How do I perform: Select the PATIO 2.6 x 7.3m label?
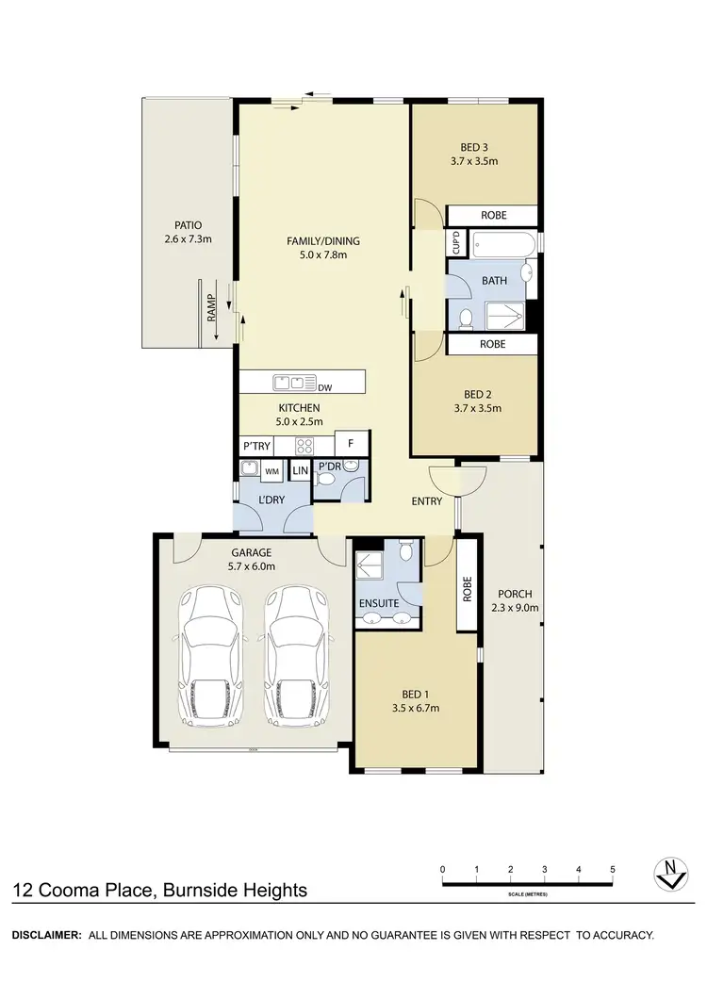(188, 232)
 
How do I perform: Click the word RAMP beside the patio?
(212, 307)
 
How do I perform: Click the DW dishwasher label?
(325, 387)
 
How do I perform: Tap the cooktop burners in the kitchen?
(305, 444)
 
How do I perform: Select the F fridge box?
(352, 443)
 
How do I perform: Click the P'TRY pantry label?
(257, 444)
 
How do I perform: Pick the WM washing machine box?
(271, 470)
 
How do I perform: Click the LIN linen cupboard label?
(300, 470)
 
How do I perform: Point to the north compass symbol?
(668, 874)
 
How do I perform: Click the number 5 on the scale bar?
(613, 869)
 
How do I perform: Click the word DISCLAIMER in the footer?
(45, 935)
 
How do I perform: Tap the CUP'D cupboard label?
(456, 243)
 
